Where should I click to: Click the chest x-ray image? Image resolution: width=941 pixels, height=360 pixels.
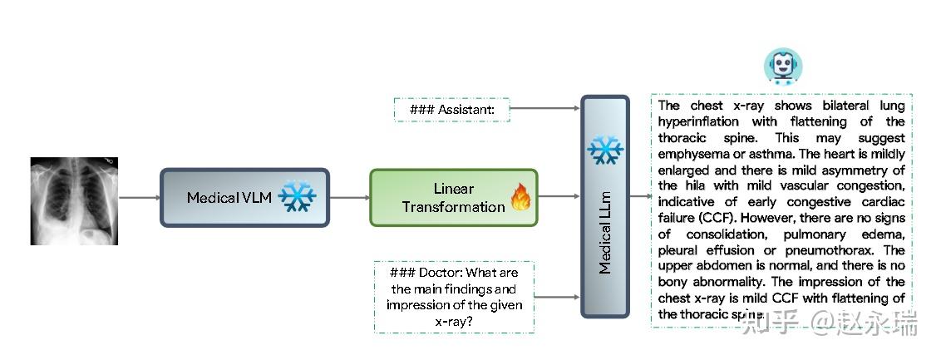click(x=74, y=201)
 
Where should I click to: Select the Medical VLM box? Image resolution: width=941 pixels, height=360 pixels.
click(x=245, y=197)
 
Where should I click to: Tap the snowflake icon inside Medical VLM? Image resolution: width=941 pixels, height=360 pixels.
click(x=297, y=195)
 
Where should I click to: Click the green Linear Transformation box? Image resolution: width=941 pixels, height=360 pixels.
click(x=453, y=197)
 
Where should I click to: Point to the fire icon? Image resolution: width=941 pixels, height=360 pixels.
click(x=520, y=197)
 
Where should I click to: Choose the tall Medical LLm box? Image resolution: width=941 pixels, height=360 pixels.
click(x=605, y=206)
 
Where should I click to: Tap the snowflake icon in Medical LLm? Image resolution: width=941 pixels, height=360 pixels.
click(x=605, y=150)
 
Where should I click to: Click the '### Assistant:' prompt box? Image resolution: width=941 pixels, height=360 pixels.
click(x=452, y=110)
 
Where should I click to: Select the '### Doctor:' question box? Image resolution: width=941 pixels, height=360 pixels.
click(x=455, y=297)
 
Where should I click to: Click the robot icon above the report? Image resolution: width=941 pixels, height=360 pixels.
click(x=782, y=67)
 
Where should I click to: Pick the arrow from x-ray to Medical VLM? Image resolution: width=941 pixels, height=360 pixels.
click(x=139, y=197)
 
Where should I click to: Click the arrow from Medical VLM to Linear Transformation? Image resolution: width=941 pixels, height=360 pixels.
click(x=350, y=197)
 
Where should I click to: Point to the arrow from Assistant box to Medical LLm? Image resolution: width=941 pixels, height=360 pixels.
click(x=545, y=109)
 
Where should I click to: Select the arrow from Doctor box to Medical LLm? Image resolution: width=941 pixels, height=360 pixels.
click(x=557, y=297)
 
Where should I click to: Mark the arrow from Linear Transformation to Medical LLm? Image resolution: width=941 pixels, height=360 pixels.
click(x=559, y=196)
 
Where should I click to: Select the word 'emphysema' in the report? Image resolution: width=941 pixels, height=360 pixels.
click(x=690, y=154)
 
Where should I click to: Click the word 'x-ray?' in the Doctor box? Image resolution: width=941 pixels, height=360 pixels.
click(x=455, y=322)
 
